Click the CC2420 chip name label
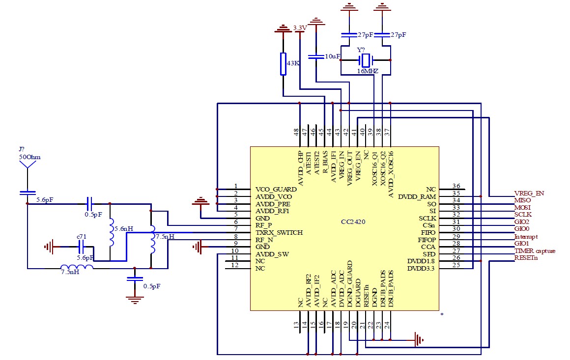coord(353,222)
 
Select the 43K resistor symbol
coord(283,64)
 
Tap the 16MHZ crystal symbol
coord(365,60)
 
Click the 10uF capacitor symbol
coord(316,56)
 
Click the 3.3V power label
coord(300,28)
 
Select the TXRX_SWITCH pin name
coord(279,232)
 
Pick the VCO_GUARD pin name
coord(276,189)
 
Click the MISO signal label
coord(522,200)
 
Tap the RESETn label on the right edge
coord(526,258)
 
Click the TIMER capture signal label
coord(535,250)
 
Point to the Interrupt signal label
coord(526,237)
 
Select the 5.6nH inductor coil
coord(111,232)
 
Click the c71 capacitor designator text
coord(82,237)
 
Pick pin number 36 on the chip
coord(456,186)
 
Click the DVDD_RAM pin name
coord(417,196)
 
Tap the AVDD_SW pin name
coord(272,254)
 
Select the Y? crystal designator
coord(361,50)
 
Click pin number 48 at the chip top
coord(297,132)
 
